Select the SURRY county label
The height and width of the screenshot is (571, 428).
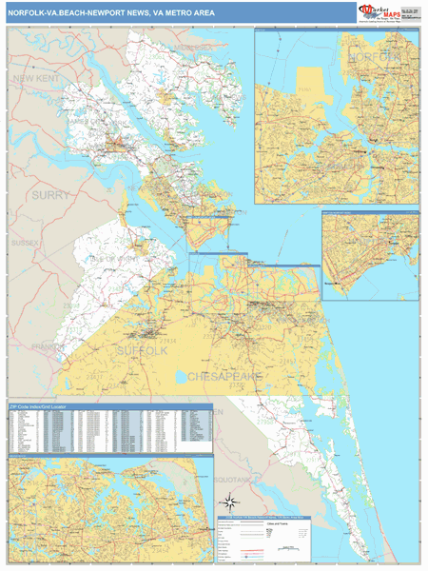[x=51, y=195]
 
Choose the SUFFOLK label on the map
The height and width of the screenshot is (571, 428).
[x=141, y=351]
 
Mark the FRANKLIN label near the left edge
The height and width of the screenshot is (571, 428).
[x=42, y=347]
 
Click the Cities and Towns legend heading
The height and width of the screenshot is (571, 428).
[x=277, y=525]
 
